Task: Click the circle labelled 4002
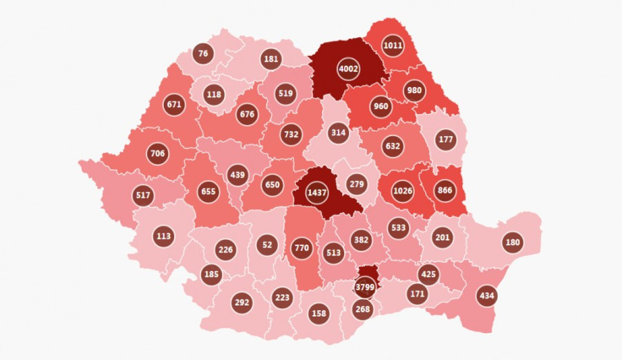coord(348,68)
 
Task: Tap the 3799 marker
coord(365,286)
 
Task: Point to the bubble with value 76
coord(203,53)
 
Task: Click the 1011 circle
coord(392,45)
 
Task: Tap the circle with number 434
coord(487,296)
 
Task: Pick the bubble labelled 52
coord(267,244)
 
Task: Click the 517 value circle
coord(143,195)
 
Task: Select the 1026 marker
coord(403,191)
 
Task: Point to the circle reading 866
coord(445,190)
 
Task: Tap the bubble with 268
coord(363,309)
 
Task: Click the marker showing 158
coord(319,313)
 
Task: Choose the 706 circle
coord(158,153)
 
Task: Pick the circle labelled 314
coord(338,133)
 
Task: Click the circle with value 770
coord(301,248)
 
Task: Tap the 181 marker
coord(271,59)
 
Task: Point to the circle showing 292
coord(242,303)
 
